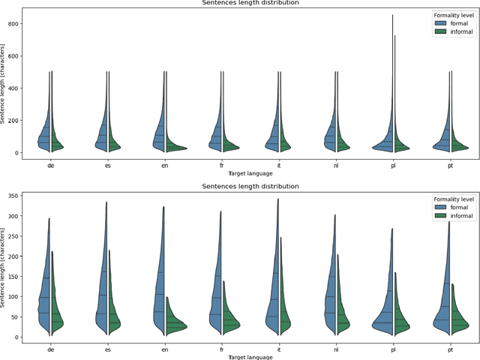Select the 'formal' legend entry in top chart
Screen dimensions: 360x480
click(x=453, y=23)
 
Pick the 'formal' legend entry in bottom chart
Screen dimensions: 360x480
click(x=453, y=207)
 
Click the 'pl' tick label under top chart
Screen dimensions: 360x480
click(x=391, y=166)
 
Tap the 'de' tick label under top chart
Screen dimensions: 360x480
click(x=50, y=166)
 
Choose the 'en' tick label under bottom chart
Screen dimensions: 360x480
click(x=164, y=349)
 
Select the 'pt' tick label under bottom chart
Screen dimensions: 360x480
click(x=448, y=349)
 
